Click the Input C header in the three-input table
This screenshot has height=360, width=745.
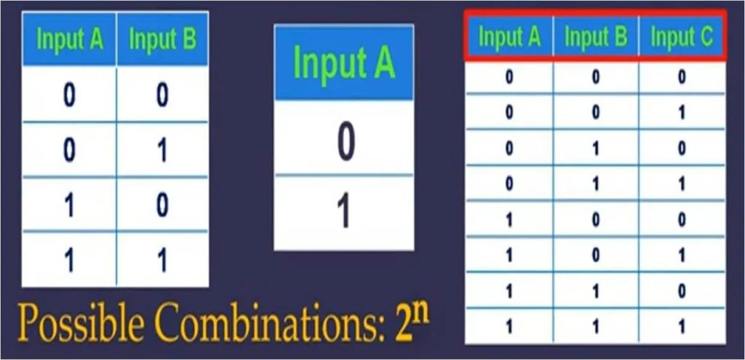coord(682,38)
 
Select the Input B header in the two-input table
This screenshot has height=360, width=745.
coord(163,39)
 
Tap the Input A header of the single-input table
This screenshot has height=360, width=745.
coord(343,63)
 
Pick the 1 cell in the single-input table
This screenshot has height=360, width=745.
coord(344,211)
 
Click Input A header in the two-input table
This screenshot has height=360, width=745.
coord(70,39)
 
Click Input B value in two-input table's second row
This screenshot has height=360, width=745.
coord(163,151)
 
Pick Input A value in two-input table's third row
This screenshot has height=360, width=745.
coord(70,205)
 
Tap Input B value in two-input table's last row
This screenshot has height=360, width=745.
coord(163,260)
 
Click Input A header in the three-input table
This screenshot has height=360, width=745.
coord(509,38)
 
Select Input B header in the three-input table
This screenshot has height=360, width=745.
coord(596,38)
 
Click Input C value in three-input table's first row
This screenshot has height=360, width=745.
coord(682,77)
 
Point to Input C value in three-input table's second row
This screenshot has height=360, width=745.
coord(682,113)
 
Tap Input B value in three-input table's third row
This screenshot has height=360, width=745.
coord(596,148)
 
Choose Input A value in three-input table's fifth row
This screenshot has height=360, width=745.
coord(509,220)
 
